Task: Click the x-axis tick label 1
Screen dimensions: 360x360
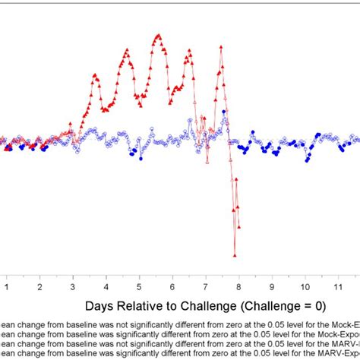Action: (6, 288)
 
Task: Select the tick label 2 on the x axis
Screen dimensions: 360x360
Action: (39, 288)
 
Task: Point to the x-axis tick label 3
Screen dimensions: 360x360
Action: (73, 288)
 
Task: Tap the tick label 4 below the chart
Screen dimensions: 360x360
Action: (106, 288)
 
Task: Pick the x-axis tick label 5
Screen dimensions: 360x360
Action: (139, 288)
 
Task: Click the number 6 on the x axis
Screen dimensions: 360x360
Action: (172, 288)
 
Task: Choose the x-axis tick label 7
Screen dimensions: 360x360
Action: (205, 288)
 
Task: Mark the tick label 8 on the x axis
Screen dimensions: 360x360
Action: (238, 288)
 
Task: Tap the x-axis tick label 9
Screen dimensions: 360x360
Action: (271, 288)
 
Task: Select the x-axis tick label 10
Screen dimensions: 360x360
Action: (304, 288)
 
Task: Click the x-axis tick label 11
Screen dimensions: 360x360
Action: (337, 288)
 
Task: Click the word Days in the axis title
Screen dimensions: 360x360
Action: (100, 306)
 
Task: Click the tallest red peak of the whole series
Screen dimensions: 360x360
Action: (158, 35)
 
